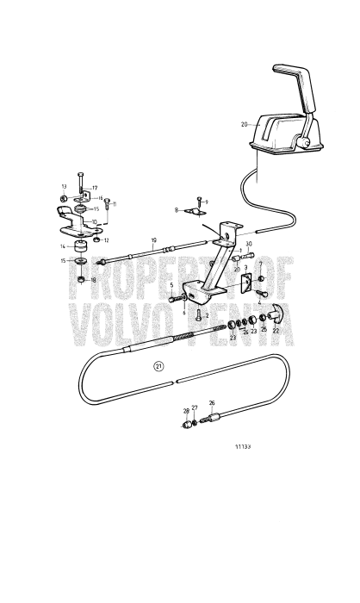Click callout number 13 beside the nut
coord(64,187)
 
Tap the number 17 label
coord(96,187)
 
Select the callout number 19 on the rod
coord(153,241)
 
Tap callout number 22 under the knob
coord(276,330)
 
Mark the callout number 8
coord(177,209)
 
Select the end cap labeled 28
coord(187,424)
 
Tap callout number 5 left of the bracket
coord(171,285)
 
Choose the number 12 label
coord(107,241)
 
